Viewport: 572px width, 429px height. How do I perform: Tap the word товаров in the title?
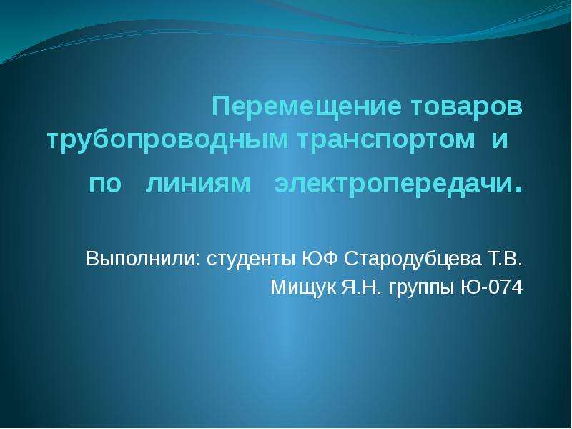pyautogui.click(x=467, y=107)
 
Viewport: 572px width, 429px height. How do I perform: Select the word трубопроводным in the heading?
pyautogui.click(x=167, y=141)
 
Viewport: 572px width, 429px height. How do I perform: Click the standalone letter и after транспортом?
pyautogui.click(x=500, y=140)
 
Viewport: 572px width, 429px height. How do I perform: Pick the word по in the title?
pyautogui.click(x=105, y=184)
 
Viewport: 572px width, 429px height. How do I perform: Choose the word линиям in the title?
pyautogui.click(x=198, y=184)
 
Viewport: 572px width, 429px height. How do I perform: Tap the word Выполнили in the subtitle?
pyautogui.click(x=140, y=259)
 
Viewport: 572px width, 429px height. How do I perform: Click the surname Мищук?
pyautogui.click(x=303, y=288)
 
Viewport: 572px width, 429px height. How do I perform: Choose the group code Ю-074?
pyautogui.click(x=492, y=287)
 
